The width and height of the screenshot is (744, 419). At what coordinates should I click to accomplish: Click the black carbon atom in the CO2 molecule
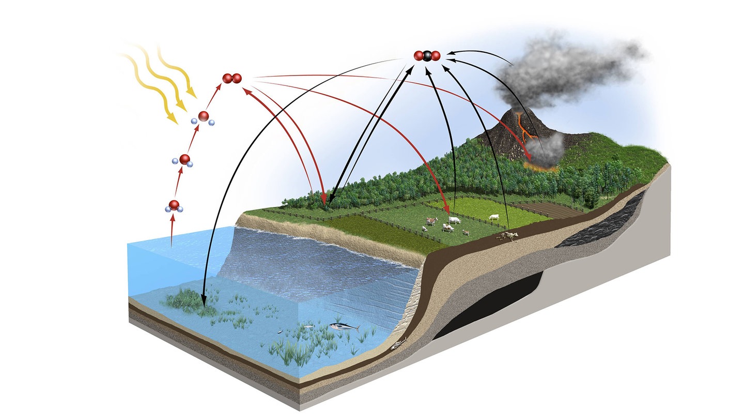point(427,56)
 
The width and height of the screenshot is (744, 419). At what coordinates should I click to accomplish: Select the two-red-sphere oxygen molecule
point(232,79)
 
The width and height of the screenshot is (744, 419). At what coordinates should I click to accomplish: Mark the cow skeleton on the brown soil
point(507,236)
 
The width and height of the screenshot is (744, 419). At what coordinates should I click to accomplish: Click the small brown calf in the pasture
point(466,232)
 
